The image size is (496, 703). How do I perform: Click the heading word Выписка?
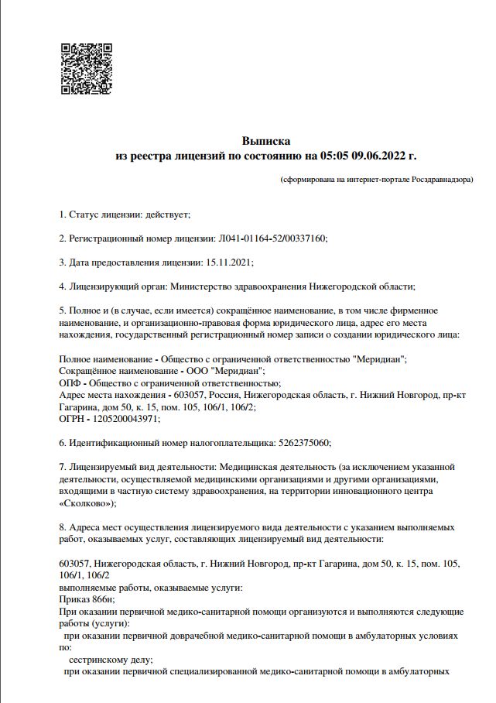point(265,142)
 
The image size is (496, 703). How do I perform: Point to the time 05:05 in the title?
point(332,156)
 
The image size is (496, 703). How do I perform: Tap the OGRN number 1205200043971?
point(128,418)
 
